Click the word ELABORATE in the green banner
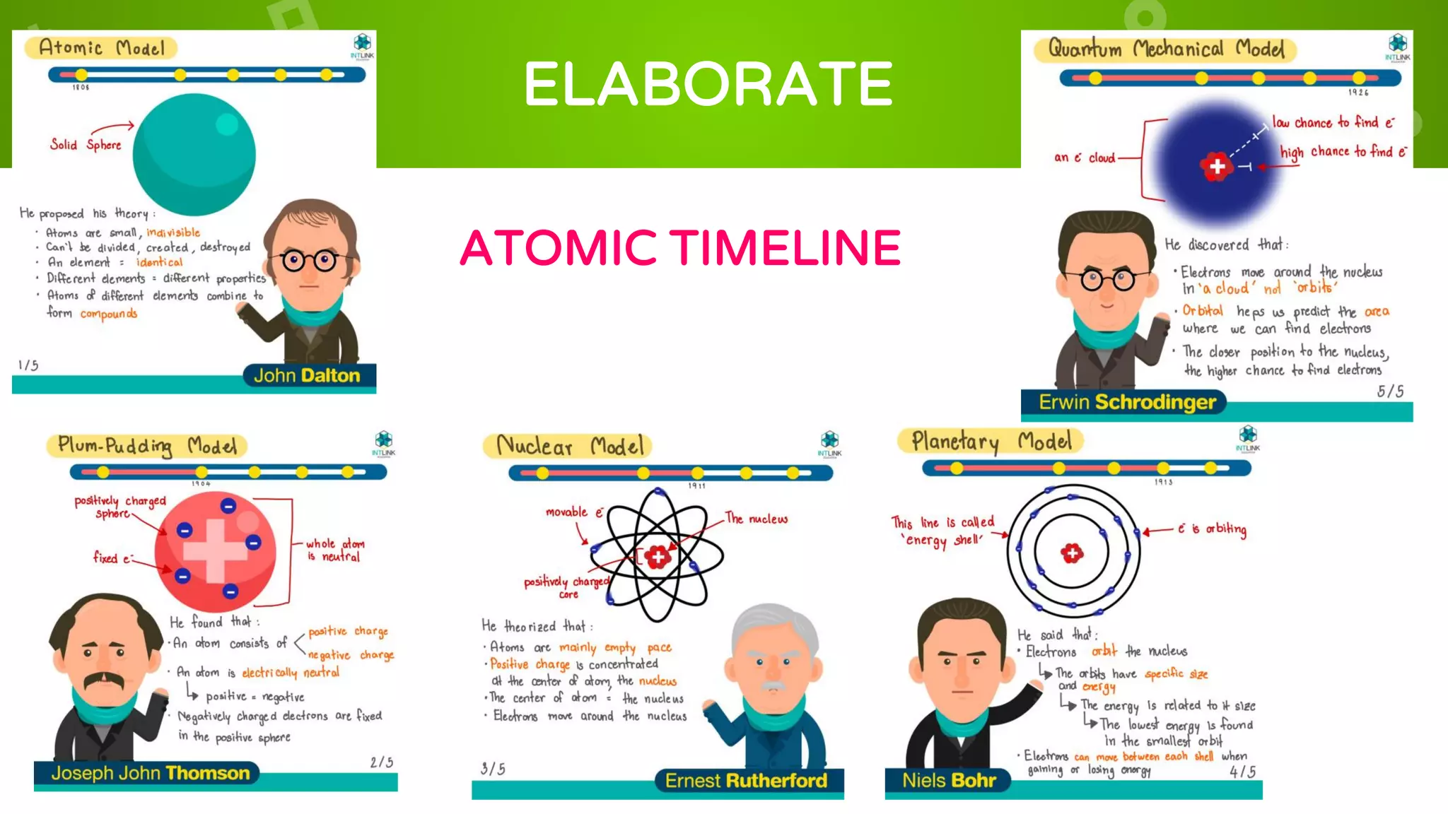(708, 84)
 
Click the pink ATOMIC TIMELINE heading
(680, 248)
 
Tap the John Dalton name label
(307, 375)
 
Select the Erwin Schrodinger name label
(1127, 402)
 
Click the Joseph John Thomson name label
(150, 773)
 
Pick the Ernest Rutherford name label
(746, 780)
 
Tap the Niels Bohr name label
(949, 780)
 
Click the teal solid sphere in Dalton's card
(194, 154)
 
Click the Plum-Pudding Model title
(147, 446)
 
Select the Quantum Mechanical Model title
(1166, 49)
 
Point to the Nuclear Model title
(570, 446)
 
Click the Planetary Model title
(991, 442)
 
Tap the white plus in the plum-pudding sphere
(216, 550)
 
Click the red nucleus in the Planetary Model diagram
(1072, 553)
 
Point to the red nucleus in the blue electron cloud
(1217, 167)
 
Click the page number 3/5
(493, 769)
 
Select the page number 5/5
(1390, 391)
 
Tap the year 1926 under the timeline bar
(1358, 93)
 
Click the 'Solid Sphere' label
(86, 145)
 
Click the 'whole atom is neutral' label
(334, 550)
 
